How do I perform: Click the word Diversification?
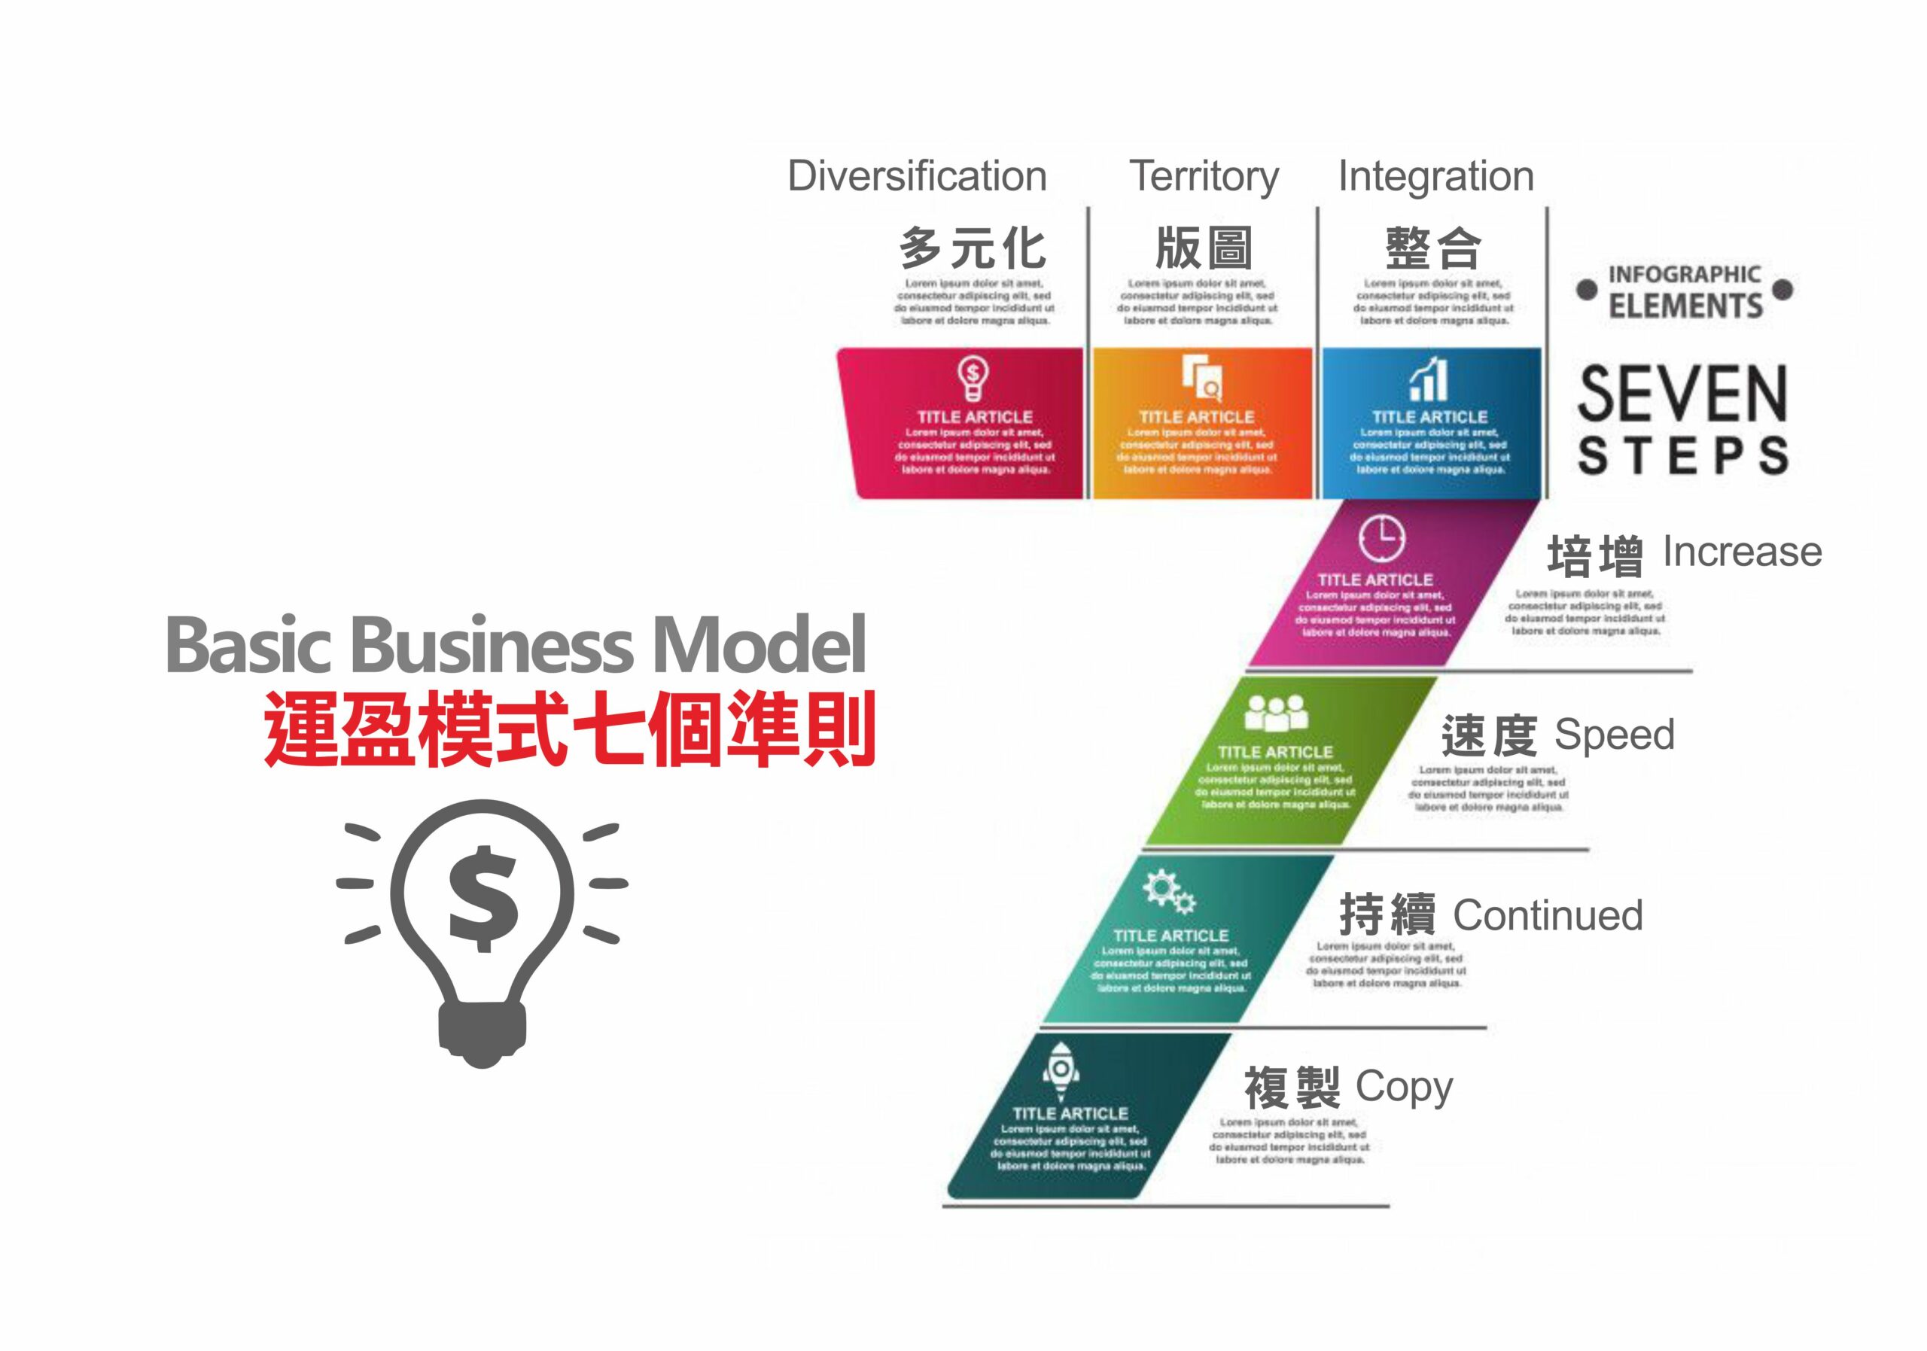pos(917,176)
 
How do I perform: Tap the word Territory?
pos(1204,176)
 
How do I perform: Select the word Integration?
pos(1435,176)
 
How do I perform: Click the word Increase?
pos(1743,552)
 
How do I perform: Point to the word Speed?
pos(1614,735)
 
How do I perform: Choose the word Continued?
pos(1548,914)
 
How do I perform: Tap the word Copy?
pos(1403,1088)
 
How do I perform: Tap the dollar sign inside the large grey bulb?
pos(483,899)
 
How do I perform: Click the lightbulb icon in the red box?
pos(973,379)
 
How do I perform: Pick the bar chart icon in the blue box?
pos(1429,379)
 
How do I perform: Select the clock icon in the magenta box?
pos(1381,538)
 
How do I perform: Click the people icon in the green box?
pos(1276,714)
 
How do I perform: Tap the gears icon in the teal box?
pos(1169,891)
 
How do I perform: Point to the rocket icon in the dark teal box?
pos(1061,1070)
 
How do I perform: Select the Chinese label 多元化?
pos(972,248)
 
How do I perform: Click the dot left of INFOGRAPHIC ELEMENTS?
pos(1586,291)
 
